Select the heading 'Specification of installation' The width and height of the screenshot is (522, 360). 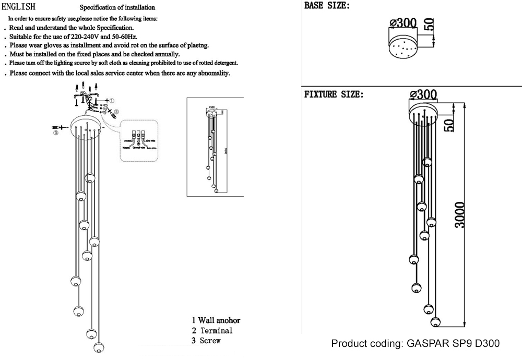[x=117, y=8]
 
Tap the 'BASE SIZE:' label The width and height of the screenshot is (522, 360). [x=327, y=7]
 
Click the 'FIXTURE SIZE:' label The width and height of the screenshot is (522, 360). [x=334, y=95]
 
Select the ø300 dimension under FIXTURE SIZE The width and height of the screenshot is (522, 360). [x=424, y=94]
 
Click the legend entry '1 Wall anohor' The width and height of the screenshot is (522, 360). [x=216, y=320]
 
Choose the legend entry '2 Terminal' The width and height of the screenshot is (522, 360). [x=211, y=330]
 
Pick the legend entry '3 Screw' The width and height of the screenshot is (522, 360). [x=206, y=341]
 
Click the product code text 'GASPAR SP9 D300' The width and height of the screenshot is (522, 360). [x=453, y=343]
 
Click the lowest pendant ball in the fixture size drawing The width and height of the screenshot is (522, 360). [x=435, y=320]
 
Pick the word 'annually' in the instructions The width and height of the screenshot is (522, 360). [x=165, y=54]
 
